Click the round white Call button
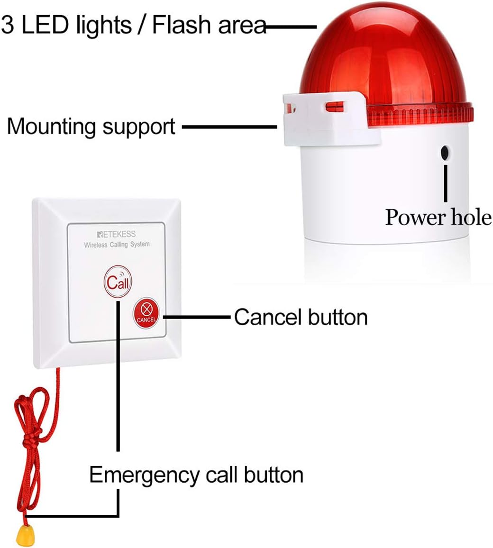pos(118,283)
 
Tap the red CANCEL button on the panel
pos(146,311)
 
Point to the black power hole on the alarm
pos(445,153)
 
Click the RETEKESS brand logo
pos(116,234)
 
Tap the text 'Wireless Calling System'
pos(117,245)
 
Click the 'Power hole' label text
pos(438,217)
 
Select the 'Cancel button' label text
pos(301,317)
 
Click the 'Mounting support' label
pos(91,127)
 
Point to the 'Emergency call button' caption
pos(196,475)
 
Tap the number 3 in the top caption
pos(8,25)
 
